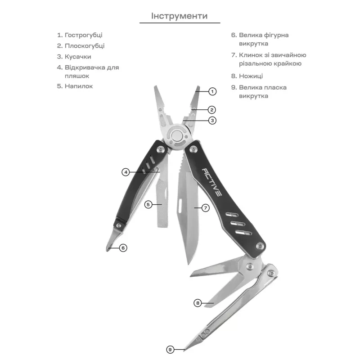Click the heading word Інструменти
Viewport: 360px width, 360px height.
pyautogui.click(x=179, y=16)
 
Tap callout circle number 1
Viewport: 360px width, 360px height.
pyautogui.click(x=212, y=91)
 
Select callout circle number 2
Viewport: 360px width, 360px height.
pyautogui.click(x=212, y=109)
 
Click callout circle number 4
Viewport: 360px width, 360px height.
pyautogui.click(x=126, y=172)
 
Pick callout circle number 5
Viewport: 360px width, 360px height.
pyautogui.click(x=148, y=204)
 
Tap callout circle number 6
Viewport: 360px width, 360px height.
pyautogui.click(x=123, y=247)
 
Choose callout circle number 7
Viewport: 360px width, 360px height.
pyautogui.click(x=206, y=208)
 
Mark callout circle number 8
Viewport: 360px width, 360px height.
pyautogui.click(x=198, y=303)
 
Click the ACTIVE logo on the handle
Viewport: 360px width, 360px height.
pyautogui.click(x=212, y=182)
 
